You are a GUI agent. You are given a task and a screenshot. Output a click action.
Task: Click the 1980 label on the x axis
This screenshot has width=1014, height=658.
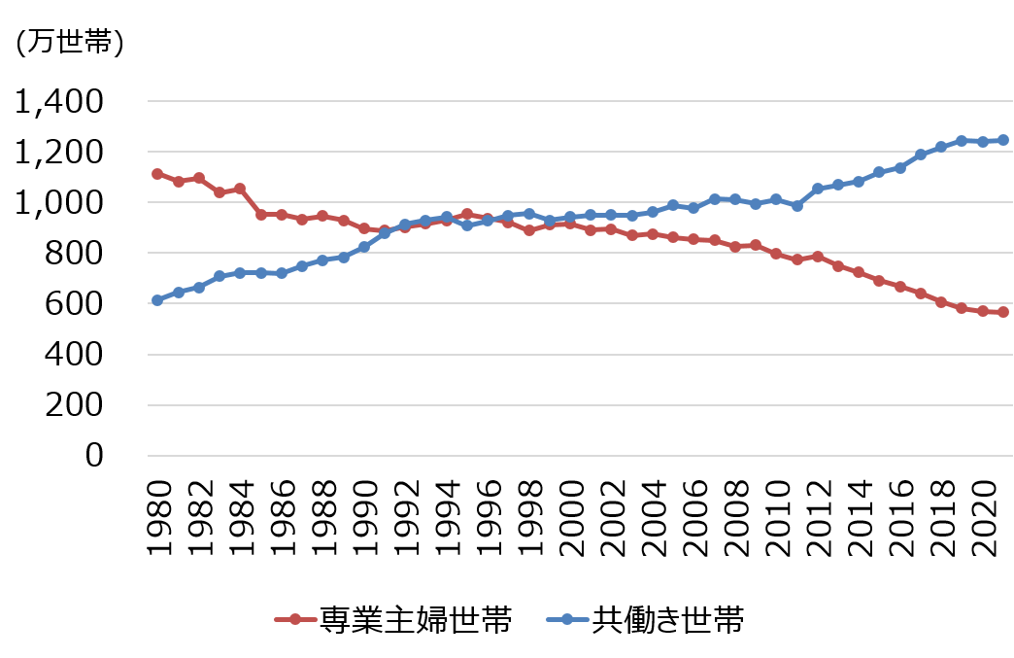tap(158, 515)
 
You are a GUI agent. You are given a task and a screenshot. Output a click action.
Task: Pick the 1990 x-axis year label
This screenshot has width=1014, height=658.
tap(364, 515)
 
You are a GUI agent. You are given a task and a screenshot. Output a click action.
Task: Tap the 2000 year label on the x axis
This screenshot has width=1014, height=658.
tap(571, 515)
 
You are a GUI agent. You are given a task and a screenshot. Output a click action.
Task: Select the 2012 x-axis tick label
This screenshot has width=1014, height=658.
tap(819, 515)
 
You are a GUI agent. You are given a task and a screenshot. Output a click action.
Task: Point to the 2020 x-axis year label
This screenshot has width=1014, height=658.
tap(984, 515)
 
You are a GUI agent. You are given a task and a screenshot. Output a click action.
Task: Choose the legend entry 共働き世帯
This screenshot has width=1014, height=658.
tap(669, 619)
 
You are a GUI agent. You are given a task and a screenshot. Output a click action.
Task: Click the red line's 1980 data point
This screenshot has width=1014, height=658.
tap(157, 174)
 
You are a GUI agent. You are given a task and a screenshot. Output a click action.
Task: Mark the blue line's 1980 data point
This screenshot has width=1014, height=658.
tap(157, 300)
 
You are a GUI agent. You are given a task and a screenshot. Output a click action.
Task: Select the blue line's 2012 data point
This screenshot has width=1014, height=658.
tap(818, 189)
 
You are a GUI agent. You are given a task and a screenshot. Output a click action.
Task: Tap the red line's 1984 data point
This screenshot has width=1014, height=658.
tap(240, 189)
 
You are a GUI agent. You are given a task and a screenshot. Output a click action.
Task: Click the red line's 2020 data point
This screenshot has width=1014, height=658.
tap(983, 311)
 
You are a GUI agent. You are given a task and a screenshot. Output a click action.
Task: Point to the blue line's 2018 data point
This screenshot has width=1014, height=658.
tap(941, 147)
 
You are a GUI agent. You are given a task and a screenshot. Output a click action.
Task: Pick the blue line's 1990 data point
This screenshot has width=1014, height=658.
tap(364, 247)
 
